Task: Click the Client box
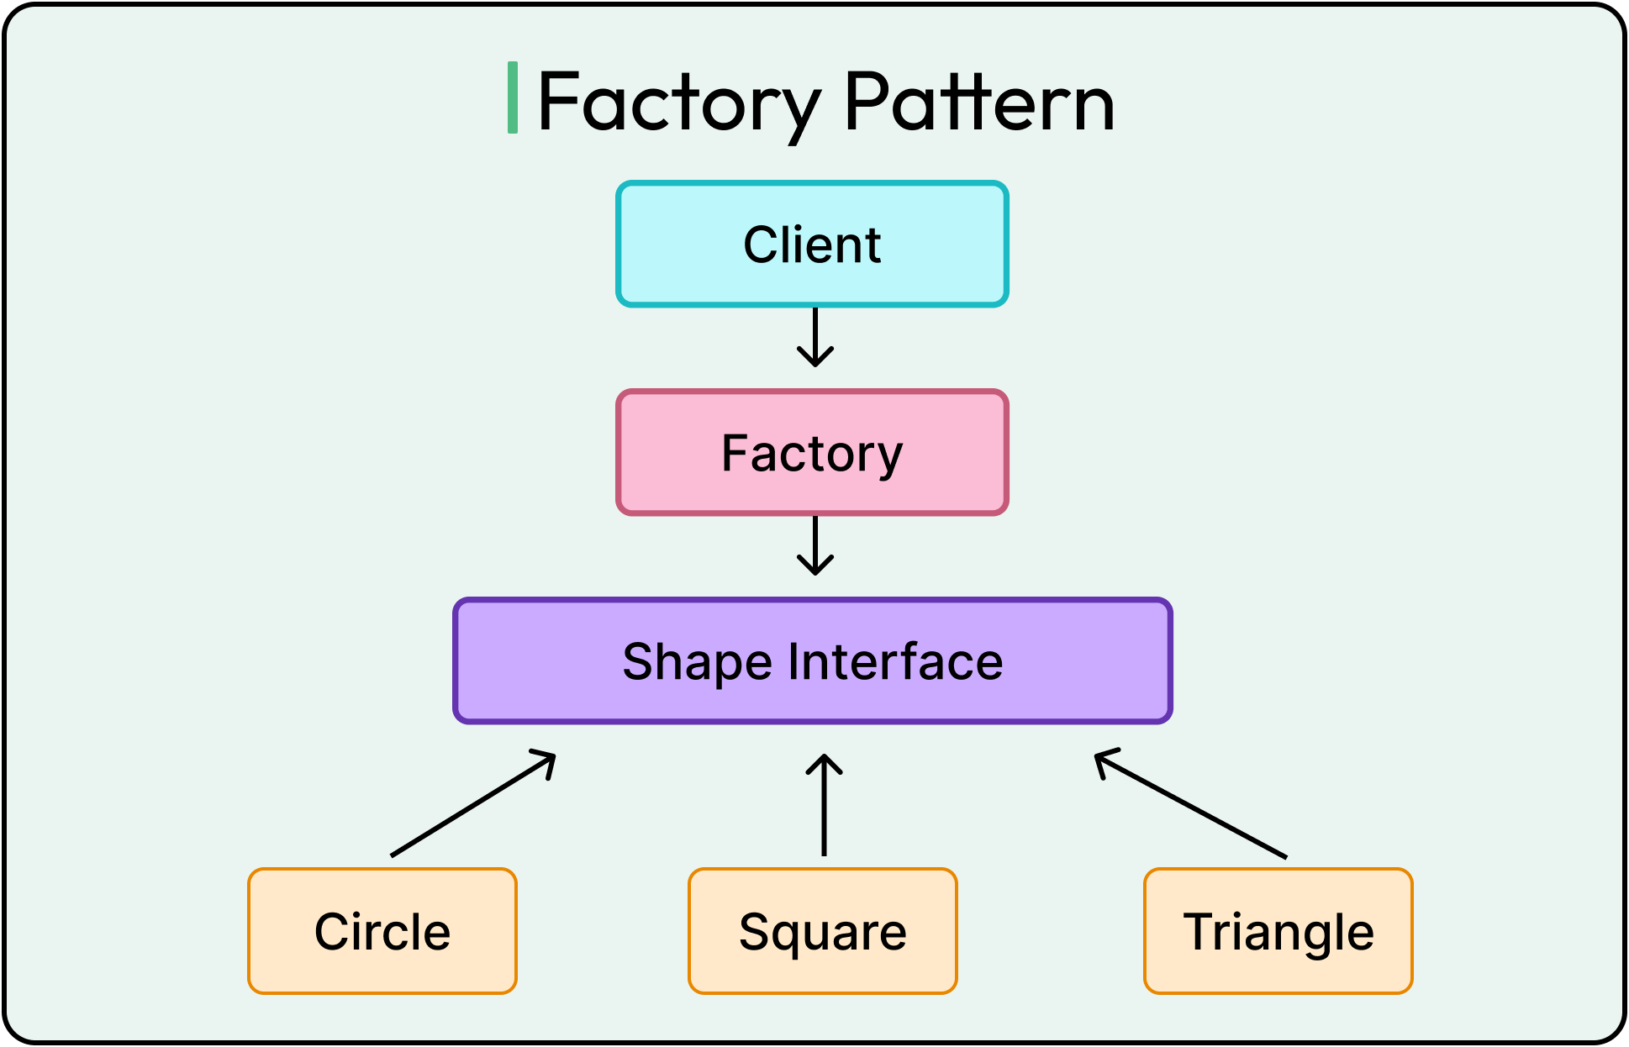tap(812, 245)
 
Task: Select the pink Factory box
tap(812, 453)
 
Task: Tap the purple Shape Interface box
tap(812, 661)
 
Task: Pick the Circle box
tap(382, 931)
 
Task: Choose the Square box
tap(823, 931)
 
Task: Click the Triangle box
tap(1278, 931)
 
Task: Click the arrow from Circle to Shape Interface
tap(473, 805)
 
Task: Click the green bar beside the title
tap(512, 97)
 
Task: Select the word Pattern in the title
tap(979, 103)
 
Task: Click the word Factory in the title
tap(677, 103)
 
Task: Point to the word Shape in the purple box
tap(697, 662)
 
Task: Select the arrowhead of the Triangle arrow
tap(1103, 758)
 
